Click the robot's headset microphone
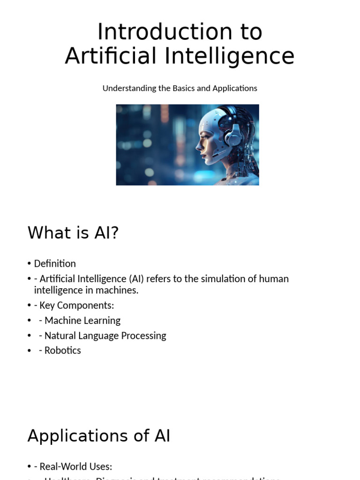[217, 155]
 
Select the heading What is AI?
[73, 232]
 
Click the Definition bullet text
[54, 263]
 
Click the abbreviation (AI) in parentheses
[135, 279]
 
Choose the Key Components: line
[76, 306]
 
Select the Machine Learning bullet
[82, 321]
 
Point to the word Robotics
[62, 351]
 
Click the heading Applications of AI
[99, 436]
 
